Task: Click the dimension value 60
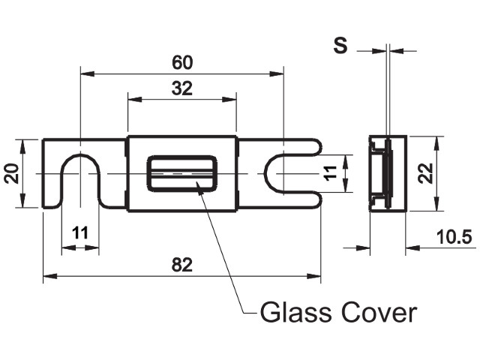181,60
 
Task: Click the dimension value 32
181,88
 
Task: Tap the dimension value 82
181,264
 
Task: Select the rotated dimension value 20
10,174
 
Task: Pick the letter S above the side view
340,46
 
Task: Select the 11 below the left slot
79,232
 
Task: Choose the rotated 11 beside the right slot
331,173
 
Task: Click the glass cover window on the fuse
183,174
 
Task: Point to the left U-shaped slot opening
79,184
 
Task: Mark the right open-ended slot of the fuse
296,174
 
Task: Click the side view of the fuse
388,174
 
